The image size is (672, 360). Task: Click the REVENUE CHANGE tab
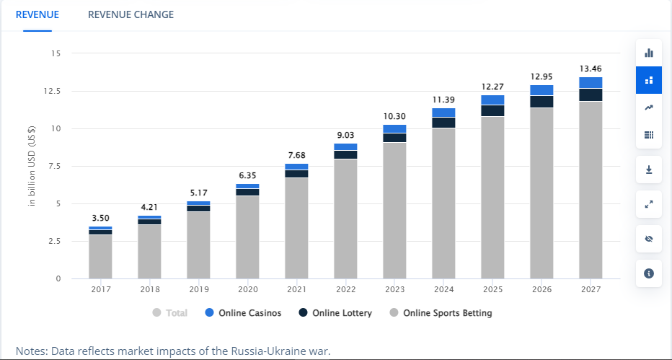(x=131, y=14)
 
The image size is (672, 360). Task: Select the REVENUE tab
(x=37, y=14)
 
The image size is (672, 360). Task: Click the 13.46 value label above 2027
(x=591, y=69)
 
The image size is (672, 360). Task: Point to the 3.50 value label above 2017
(x=100, y=219)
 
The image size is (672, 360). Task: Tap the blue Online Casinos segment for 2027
(x=591, y=82)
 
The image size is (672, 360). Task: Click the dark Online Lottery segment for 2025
(x=492, y=110)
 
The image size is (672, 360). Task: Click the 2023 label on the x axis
(x=394, y=289)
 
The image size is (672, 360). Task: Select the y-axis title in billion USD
(x=32, y=166)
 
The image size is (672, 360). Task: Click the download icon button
(x=649, y=170)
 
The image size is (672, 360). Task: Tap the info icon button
(x=649, y=273)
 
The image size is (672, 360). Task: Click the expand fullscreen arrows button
(x=649, y=204)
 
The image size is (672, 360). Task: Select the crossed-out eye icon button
(x=649, y=239)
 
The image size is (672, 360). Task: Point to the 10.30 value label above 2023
(x=394, y=117)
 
